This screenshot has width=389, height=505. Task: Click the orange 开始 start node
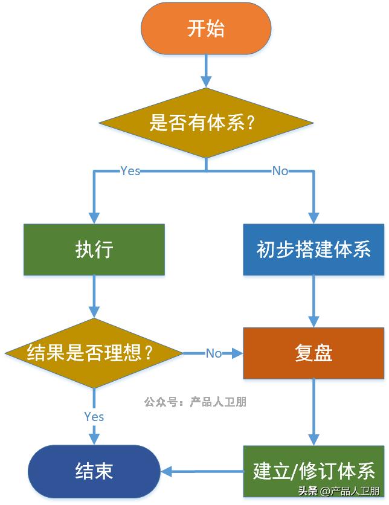click(206, 29)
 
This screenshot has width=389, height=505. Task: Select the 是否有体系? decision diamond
click(206, 123)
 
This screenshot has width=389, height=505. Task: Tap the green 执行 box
click(94, 249)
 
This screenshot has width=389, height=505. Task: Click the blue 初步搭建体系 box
click(313, 249)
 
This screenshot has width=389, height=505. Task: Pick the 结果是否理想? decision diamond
click(94, 353)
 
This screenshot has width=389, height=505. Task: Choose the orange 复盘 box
click(313, 353)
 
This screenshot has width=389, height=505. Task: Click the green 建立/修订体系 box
click(313, 471)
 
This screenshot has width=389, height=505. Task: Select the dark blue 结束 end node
click(94, 471)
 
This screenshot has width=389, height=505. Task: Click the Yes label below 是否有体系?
click(130, 171)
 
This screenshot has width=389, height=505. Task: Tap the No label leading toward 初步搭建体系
click(280, 171)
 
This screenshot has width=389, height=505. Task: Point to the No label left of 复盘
click(214, 353)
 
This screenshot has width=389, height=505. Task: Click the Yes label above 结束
click(94, 417)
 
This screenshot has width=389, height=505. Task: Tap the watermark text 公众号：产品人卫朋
click(195, 402)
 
